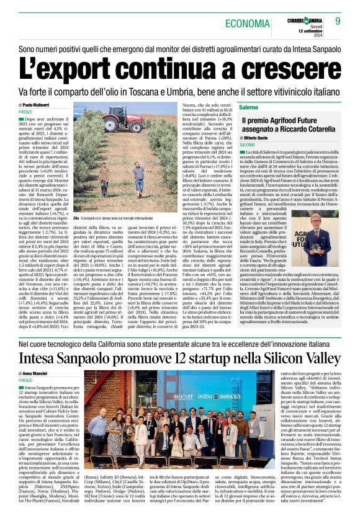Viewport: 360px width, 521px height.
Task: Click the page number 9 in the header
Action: pyautogui.click(x=338, y=22)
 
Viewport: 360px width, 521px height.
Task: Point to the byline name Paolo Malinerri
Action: pyautogui.click(x=37, y=107)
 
